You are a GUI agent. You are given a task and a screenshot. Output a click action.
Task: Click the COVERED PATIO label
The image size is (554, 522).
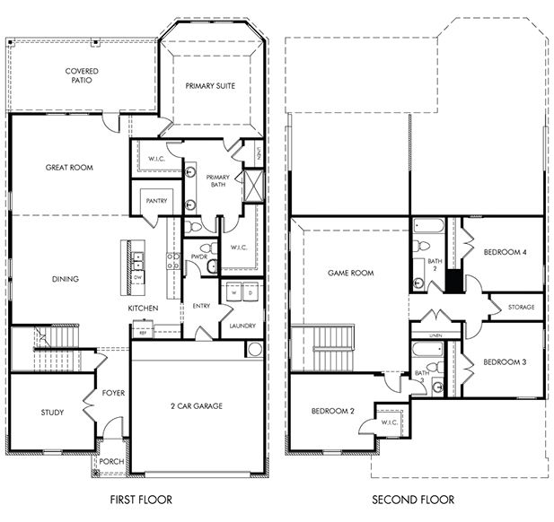[81, 75]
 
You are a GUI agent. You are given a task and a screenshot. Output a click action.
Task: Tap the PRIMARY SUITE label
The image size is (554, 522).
[212, 85]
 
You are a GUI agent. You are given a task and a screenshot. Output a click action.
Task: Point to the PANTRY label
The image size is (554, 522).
[157, 202]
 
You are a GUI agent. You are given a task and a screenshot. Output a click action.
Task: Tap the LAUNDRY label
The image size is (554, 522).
[242, 326]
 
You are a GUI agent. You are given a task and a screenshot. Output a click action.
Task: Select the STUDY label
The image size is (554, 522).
[52, 413]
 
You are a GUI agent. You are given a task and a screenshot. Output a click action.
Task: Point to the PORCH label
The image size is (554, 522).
[112, 462]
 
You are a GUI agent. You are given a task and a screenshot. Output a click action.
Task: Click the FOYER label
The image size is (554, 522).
[113, 393]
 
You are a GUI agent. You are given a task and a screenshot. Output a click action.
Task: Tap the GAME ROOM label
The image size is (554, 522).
[350, 273]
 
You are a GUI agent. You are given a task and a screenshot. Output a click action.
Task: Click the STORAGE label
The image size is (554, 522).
[521, 307]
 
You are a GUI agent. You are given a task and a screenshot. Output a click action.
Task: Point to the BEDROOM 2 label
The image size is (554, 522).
[333, 411]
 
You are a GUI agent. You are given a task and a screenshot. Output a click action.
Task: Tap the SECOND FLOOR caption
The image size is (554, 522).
[415, 500]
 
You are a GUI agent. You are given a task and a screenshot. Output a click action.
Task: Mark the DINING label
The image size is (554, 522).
[65, 279]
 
